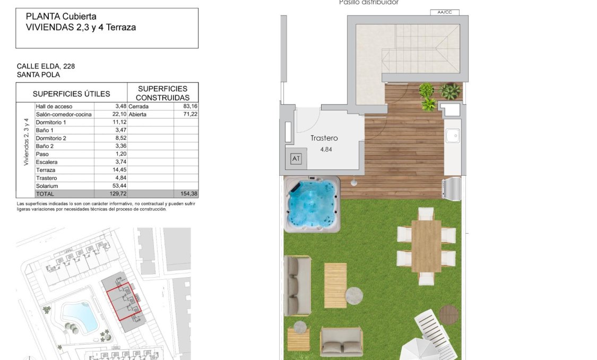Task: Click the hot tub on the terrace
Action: click(x=312, y=204)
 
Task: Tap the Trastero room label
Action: click(x=324, y=138)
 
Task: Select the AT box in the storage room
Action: click(x=296, y=159)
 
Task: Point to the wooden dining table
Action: click(x=426, y=246)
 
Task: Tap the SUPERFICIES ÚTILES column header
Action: click(x=72, y=94)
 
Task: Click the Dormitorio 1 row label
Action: click(x=51, y=122)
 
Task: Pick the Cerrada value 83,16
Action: click(x=189, y=106)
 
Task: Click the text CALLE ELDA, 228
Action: click(x=46, y=66)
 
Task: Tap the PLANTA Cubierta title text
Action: click(x=61, y=17)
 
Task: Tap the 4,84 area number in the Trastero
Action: click(x=326, y=150)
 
